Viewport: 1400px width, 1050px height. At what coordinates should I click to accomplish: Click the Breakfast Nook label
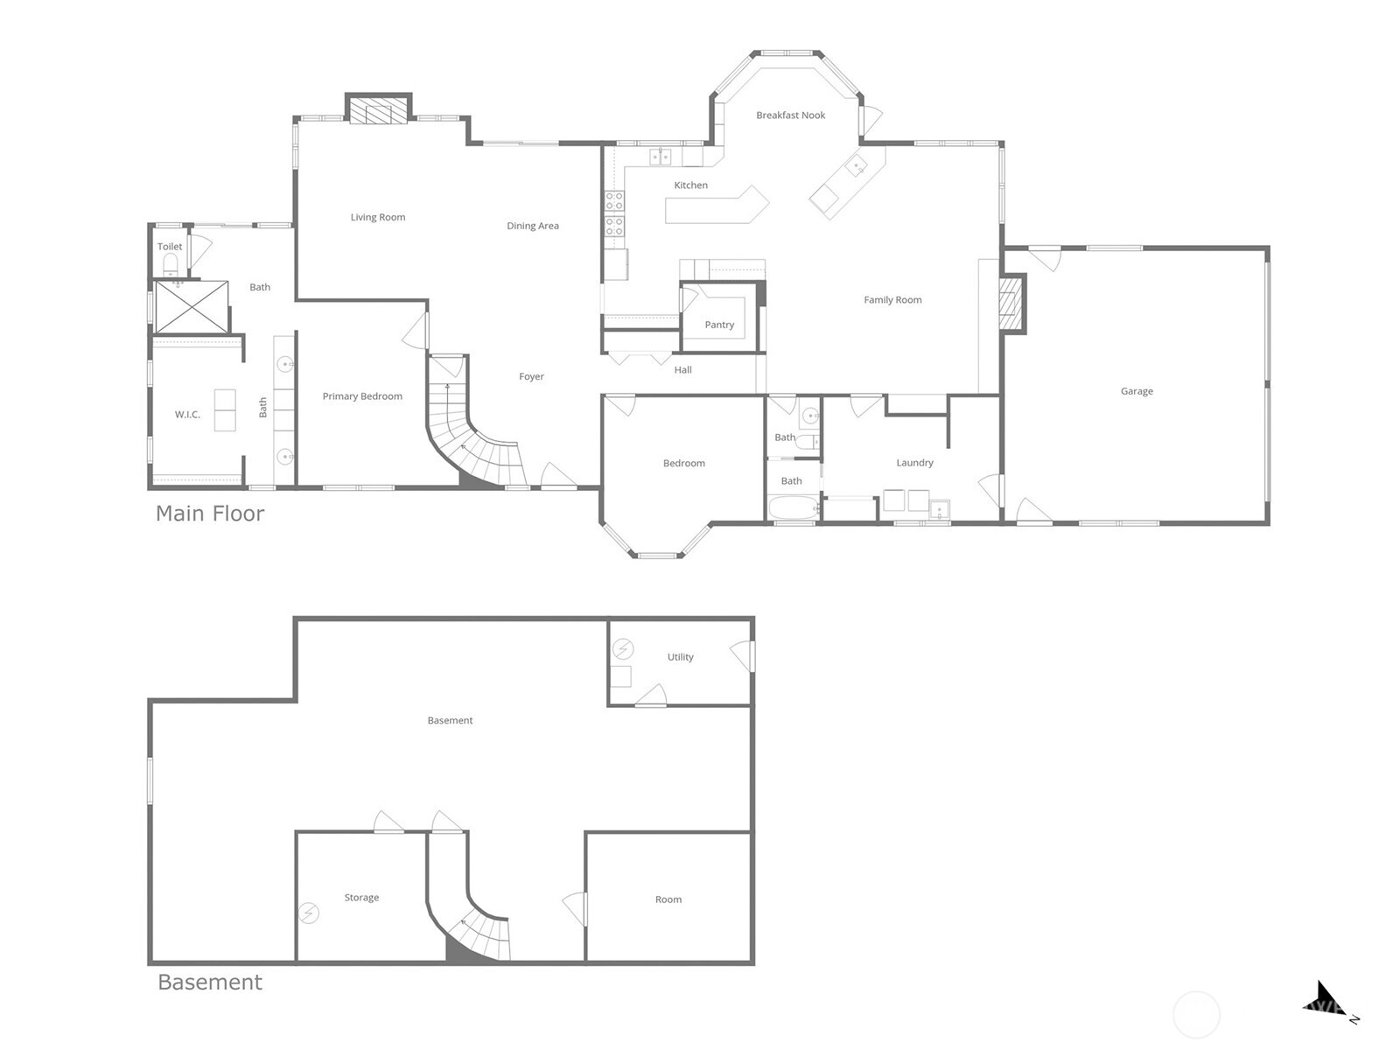[790, 115]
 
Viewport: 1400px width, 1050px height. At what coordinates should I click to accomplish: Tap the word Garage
[1137, 391]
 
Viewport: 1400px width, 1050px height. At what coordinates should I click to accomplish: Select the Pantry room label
[719, 325]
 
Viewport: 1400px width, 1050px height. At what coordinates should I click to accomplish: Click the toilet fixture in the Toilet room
[171, 263]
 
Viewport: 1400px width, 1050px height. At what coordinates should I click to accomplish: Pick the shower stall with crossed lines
[192, 306]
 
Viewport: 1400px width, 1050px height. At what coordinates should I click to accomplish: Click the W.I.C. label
[187, 415]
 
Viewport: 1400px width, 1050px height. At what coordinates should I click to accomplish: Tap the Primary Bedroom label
[362, 396]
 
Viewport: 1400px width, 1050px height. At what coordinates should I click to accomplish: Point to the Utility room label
[680, 657]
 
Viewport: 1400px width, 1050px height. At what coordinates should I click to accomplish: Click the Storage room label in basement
[361, 898]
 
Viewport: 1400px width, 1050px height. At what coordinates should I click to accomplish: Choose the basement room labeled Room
[668, 899]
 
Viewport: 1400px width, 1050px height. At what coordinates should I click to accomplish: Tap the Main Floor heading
[210, 514]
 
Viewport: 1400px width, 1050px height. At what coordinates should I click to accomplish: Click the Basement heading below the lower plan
[210, 983]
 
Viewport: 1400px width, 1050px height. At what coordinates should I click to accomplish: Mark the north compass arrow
[1326, 1000]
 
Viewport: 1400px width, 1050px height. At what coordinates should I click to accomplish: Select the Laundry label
[914, 463]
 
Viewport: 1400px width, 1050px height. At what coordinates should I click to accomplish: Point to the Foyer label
[531, 377]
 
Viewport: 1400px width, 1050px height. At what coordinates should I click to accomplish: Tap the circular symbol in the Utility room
[623, 648]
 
